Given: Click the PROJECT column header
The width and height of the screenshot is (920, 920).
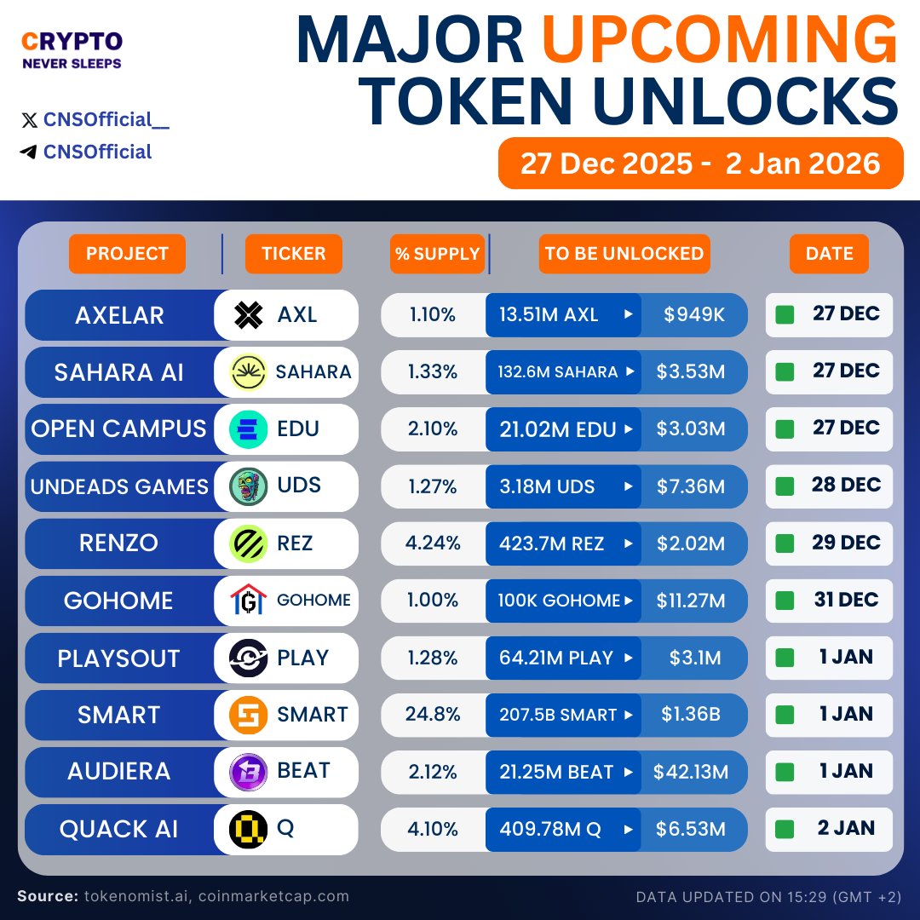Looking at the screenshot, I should (x=127, y=254).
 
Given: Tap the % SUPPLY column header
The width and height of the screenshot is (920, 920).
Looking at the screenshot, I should (x=437, y=254).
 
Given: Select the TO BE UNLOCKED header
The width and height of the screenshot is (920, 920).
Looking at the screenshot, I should (x=624, y=254).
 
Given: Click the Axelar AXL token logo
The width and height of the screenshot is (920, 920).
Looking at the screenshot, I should (x=249, y=315).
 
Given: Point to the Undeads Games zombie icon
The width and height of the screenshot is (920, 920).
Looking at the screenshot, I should (x=249, y=486).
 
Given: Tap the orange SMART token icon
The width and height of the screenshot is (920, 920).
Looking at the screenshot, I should (x=249, y=715).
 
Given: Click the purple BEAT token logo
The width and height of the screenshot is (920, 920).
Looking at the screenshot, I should (x=249, y=772).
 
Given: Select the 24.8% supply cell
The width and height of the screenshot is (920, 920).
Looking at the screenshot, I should (x=433, y=715).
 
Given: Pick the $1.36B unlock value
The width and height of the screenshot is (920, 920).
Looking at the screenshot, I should (x=691, y=715).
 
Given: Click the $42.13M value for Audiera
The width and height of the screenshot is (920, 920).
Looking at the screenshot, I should (x=691, y=772).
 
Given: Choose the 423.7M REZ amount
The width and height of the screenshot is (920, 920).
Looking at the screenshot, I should (x=552, y=543).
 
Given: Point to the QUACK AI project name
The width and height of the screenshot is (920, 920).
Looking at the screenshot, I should (x=119, y=829).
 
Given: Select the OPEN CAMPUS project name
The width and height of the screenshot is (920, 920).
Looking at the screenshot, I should (x=119, y=429).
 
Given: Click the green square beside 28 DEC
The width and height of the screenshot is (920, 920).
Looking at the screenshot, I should (x=785, y=486).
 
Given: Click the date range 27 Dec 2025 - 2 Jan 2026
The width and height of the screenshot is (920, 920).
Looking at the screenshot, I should (x=700, y=163).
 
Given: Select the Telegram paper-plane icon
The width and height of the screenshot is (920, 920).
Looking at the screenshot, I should (x=29, y=152).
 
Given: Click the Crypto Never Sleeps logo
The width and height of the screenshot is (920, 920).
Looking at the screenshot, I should (x=72, y=49).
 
